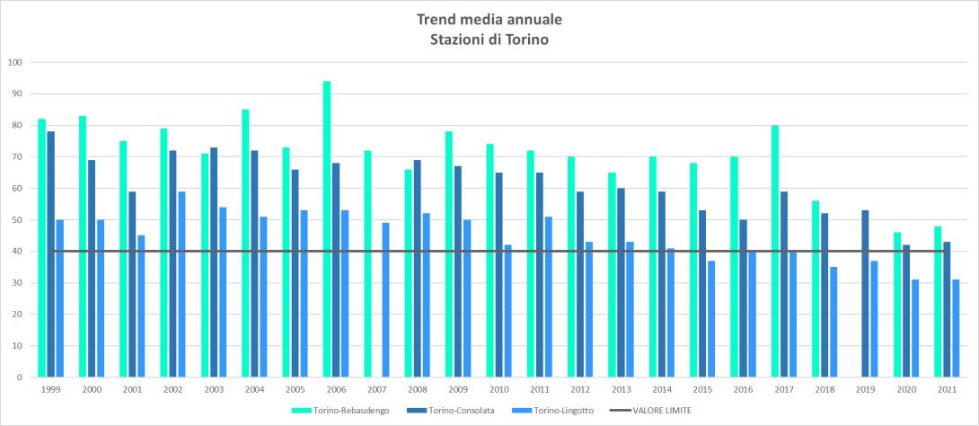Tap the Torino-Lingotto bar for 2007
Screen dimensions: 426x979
point(386,300)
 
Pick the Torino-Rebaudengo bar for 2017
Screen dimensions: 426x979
point(775,251)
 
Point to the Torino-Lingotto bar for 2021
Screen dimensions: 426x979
point(957,328)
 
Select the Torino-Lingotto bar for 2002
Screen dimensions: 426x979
point(182,284)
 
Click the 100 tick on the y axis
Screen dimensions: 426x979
point(14,63)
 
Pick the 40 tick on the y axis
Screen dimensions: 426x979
point(17,252)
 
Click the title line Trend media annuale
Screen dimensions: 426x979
point(489,19)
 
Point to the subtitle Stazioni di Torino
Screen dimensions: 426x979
point(489,39)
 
